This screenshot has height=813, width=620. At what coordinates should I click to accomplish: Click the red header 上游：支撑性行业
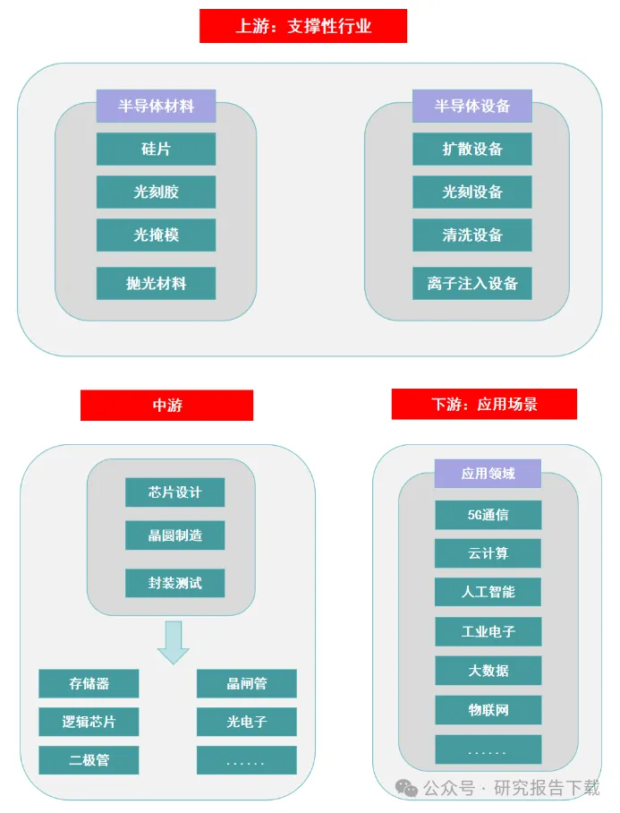(302, 26)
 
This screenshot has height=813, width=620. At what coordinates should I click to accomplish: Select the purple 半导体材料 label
(156, 106)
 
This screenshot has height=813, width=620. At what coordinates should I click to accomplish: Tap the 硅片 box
(156, 149)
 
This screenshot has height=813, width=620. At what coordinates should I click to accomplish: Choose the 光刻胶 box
(156, 192)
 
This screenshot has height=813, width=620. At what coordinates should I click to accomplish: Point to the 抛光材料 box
(156, 283)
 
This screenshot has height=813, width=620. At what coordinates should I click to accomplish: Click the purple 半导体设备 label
(471, 106)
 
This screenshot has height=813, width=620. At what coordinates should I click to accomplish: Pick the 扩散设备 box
(471, 149)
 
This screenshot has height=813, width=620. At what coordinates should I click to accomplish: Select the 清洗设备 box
(471, 235)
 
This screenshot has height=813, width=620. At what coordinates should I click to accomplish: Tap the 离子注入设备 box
(471, 283)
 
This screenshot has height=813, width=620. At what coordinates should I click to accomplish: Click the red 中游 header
(166, 405)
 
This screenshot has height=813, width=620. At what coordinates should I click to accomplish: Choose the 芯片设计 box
(174, 492)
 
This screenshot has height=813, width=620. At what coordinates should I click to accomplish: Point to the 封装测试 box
(174, 583)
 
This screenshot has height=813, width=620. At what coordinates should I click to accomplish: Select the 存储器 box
(89, 683)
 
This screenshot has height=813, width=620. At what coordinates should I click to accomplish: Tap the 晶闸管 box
(246, 683)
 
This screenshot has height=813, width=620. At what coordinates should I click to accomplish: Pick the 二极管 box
(89, 760)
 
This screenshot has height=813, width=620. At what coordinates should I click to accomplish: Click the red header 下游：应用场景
(484, 404)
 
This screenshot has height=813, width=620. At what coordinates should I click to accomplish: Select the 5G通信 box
(488, 515)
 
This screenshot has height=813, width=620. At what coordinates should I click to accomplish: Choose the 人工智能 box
(488, 592)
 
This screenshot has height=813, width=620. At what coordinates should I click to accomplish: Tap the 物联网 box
(488, 709)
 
